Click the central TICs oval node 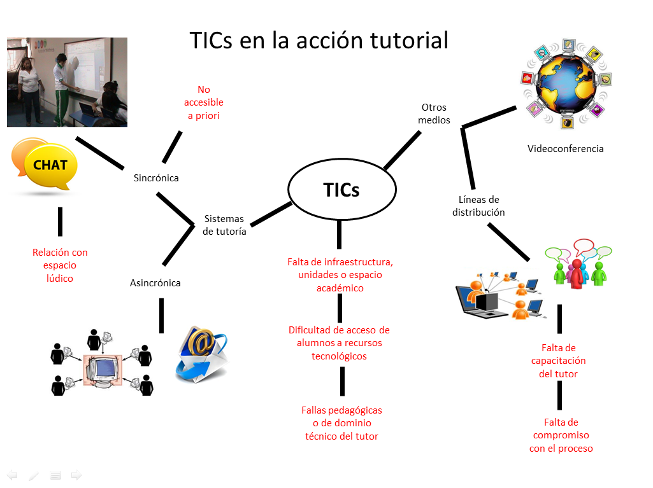341,190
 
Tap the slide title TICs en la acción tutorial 319,40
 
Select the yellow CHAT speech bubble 50,165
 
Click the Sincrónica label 156,178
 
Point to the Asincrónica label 155,282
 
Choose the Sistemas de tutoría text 224,225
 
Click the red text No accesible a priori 204,102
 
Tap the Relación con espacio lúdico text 60,265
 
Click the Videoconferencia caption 565,149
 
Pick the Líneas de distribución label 478,206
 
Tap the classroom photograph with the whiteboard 67,82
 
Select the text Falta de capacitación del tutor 558,361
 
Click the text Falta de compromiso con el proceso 561,435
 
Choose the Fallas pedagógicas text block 341,423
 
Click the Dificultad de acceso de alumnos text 339,343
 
